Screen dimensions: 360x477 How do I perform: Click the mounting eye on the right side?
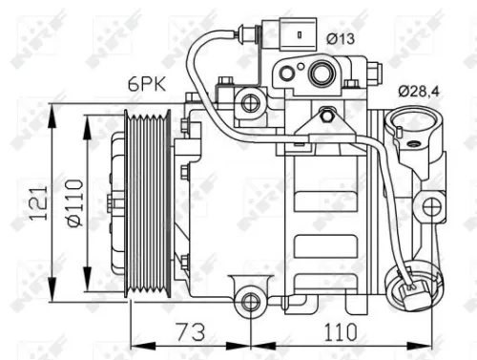point(433,206)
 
